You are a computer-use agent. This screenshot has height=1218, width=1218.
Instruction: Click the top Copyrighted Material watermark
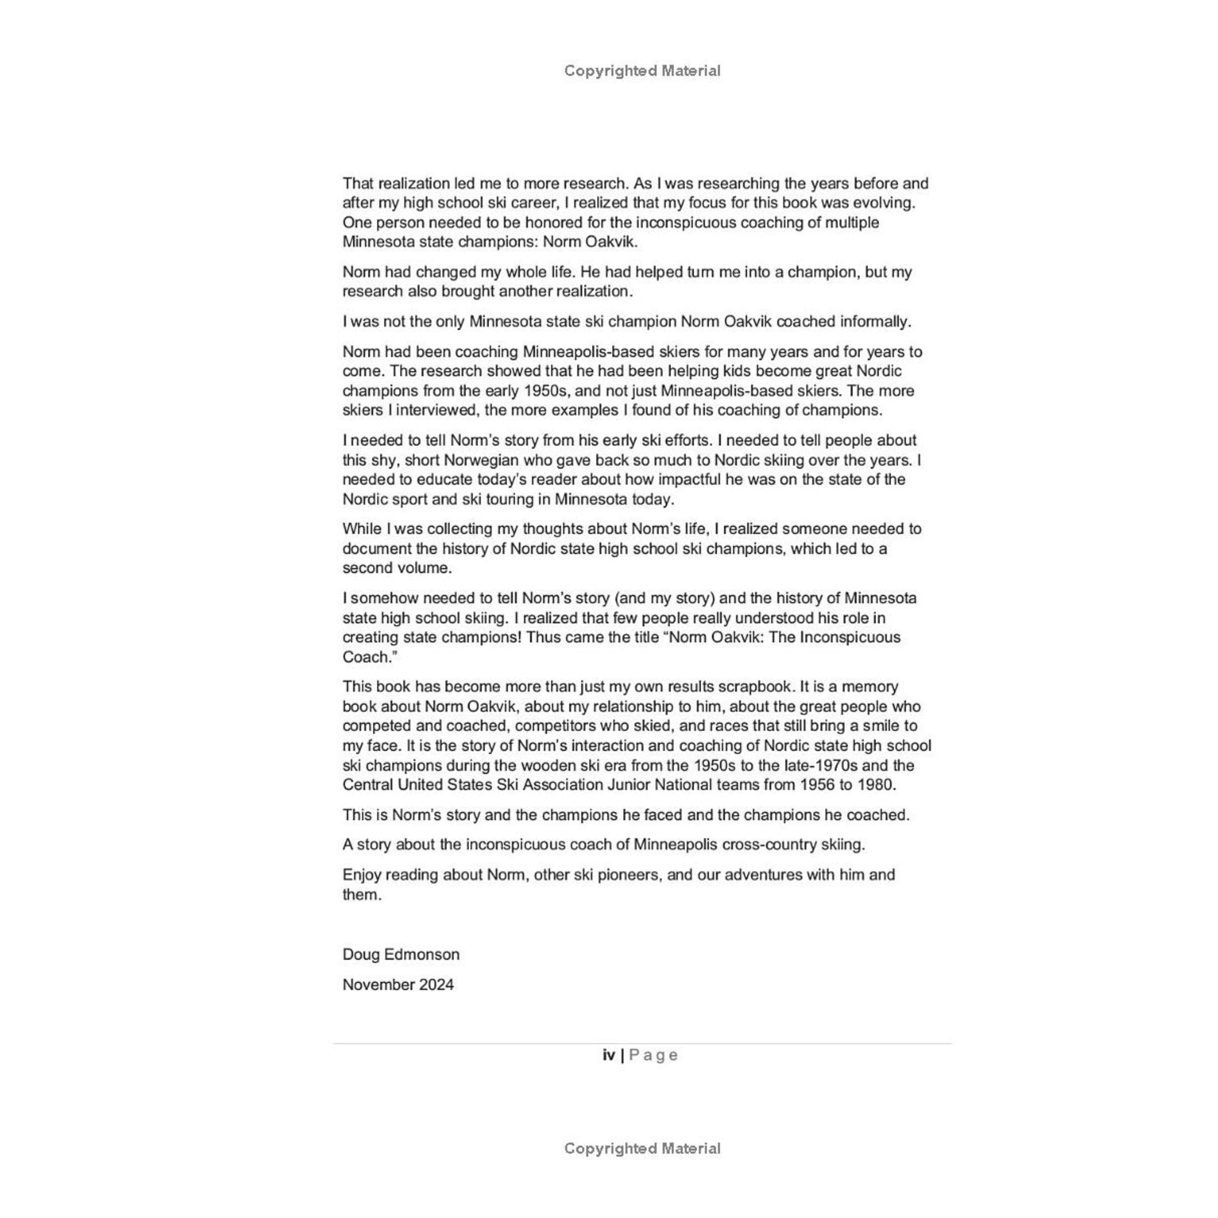(x=642, y=71)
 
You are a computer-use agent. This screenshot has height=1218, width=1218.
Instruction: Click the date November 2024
(x=398, y=984)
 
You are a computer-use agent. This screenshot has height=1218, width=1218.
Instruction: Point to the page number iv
(x=608, y=1055)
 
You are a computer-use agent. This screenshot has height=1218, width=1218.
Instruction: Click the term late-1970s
(x=818, y=765)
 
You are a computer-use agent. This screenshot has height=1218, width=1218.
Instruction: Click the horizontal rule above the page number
(x=642, y=1043)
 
